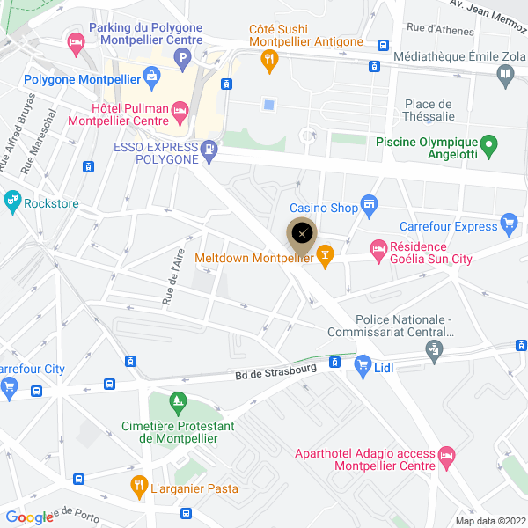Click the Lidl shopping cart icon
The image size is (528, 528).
point(361,363)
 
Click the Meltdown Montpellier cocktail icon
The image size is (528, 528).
point(326,257)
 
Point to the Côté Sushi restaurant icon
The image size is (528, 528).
point(269,60)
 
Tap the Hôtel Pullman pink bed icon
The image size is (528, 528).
point(180,112)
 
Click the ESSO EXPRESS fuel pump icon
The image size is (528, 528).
point(209,150)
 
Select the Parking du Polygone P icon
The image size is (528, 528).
point(182,60)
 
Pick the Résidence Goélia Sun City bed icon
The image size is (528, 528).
point(378,252)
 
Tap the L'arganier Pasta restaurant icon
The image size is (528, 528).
point(139,485)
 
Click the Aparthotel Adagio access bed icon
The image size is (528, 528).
point(447,457)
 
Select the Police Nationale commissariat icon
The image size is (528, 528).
point(433,351)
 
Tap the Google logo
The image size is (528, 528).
point(29,517)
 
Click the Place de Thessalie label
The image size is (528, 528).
point(428,109)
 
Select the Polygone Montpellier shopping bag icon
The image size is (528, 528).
point(153,77)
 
